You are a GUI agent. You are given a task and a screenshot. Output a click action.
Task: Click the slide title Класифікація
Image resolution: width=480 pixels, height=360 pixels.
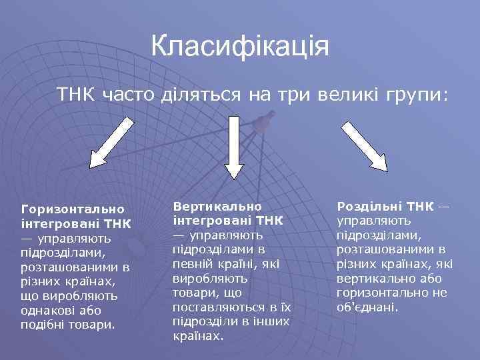coord(240,47)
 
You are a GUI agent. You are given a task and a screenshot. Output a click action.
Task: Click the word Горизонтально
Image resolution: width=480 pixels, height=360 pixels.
coord(73,209)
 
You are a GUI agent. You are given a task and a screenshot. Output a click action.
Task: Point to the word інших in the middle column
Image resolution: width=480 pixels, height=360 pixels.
coord(275,322)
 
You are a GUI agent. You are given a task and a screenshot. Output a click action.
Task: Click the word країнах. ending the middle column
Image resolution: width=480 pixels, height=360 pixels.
coord(198,337)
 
